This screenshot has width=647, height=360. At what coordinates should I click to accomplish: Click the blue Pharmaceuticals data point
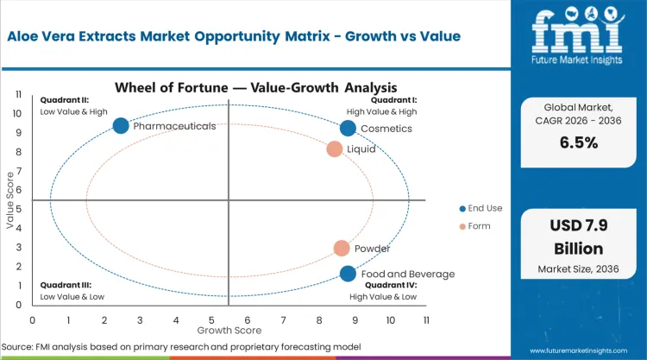pyautogui.click(x=121, y=126)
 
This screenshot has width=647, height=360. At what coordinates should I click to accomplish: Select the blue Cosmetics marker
pyautogui.click(x=348, y=129)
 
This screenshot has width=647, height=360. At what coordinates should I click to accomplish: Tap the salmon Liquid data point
pyautogui.click(x=335, y=149)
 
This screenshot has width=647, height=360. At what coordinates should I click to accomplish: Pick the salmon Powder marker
pyautogui.click(x=342, y=249)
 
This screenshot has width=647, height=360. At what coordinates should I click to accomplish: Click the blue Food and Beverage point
pyautogui.click(x=348, y=274)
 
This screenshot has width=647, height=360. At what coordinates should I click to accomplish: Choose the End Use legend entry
pyautogui.click(x=484, y=208)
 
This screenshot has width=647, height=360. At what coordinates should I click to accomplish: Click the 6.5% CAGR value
pyautogui.click(x=578, y=143)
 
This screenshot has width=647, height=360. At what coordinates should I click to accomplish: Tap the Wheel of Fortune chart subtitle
pyautogui.click(x=229, y=87)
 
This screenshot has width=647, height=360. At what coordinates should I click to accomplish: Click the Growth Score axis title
pyautogui.click(x=229, y=329)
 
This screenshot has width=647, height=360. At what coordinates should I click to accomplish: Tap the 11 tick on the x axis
pyautogui.click(x=425, y=319)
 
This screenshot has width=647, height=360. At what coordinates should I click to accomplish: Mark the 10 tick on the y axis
pyautogui.click(x=17, y=113)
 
